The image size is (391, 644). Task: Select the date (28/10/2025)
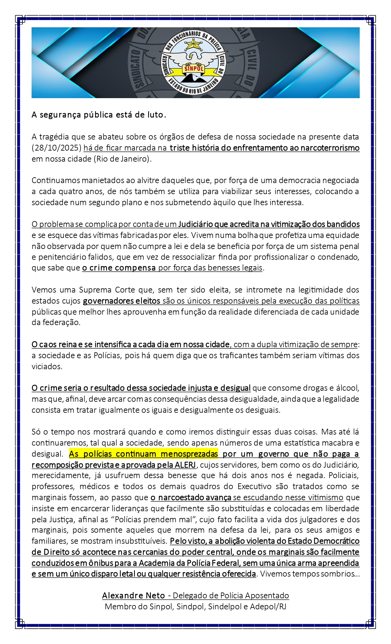click(56, 148)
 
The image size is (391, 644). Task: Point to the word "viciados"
click(47, 366)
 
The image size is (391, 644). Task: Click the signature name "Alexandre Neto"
click(133, 596)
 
